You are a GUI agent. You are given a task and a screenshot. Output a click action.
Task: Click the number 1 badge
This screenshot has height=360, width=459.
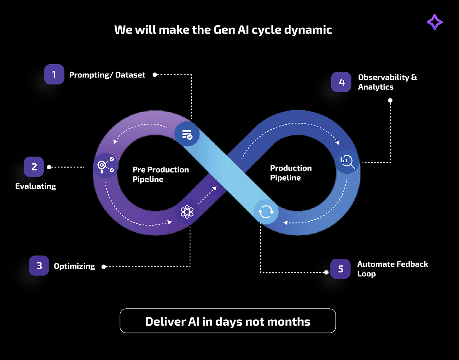(x=54, y=74)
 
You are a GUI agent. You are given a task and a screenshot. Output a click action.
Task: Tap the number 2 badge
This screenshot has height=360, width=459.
(x=34, y=167)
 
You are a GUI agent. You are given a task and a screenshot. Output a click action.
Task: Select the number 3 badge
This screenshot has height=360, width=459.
(x=39, y=266)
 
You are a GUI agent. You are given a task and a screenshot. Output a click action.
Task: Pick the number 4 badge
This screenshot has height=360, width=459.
(x=341, y=82)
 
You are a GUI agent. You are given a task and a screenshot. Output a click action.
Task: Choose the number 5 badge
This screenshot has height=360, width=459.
(x=340, y=269)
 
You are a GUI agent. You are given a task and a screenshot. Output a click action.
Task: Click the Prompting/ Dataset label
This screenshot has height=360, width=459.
(x=107, y=75)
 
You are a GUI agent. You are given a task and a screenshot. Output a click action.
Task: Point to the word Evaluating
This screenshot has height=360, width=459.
(x=36, y=186)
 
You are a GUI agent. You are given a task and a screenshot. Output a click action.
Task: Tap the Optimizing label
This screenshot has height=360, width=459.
(x=74, y=266)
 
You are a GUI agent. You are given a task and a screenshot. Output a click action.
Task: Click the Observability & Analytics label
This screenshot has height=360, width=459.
(x=387, y=82)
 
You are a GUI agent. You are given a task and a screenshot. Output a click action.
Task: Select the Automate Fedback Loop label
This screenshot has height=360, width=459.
(x=392, y=269)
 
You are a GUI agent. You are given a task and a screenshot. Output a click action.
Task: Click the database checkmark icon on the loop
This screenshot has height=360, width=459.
(x=187, y=134)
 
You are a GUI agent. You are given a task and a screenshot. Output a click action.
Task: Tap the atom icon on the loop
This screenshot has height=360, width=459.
(x=187, y=212)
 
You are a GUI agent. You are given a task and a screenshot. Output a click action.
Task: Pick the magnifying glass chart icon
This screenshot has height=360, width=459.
(x=347, y=161)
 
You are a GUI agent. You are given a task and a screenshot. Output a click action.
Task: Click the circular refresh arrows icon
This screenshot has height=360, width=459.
(x=266, y=212)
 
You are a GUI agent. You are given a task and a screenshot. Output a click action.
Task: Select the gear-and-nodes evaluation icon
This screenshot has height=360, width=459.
(x=106, y=166)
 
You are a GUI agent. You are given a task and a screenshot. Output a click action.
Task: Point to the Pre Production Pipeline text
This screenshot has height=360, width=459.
(x=160, y=174)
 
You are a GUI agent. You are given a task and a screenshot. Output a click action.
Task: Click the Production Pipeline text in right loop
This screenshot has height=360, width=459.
(x=291, y=173)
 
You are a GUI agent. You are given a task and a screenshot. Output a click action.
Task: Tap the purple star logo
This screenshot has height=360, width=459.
(x=435, y=22)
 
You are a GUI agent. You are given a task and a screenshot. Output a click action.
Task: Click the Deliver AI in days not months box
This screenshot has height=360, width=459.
(x=228, y=321)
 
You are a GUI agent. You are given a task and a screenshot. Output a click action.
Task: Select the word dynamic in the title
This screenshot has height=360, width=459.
(x=308, y=30)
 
